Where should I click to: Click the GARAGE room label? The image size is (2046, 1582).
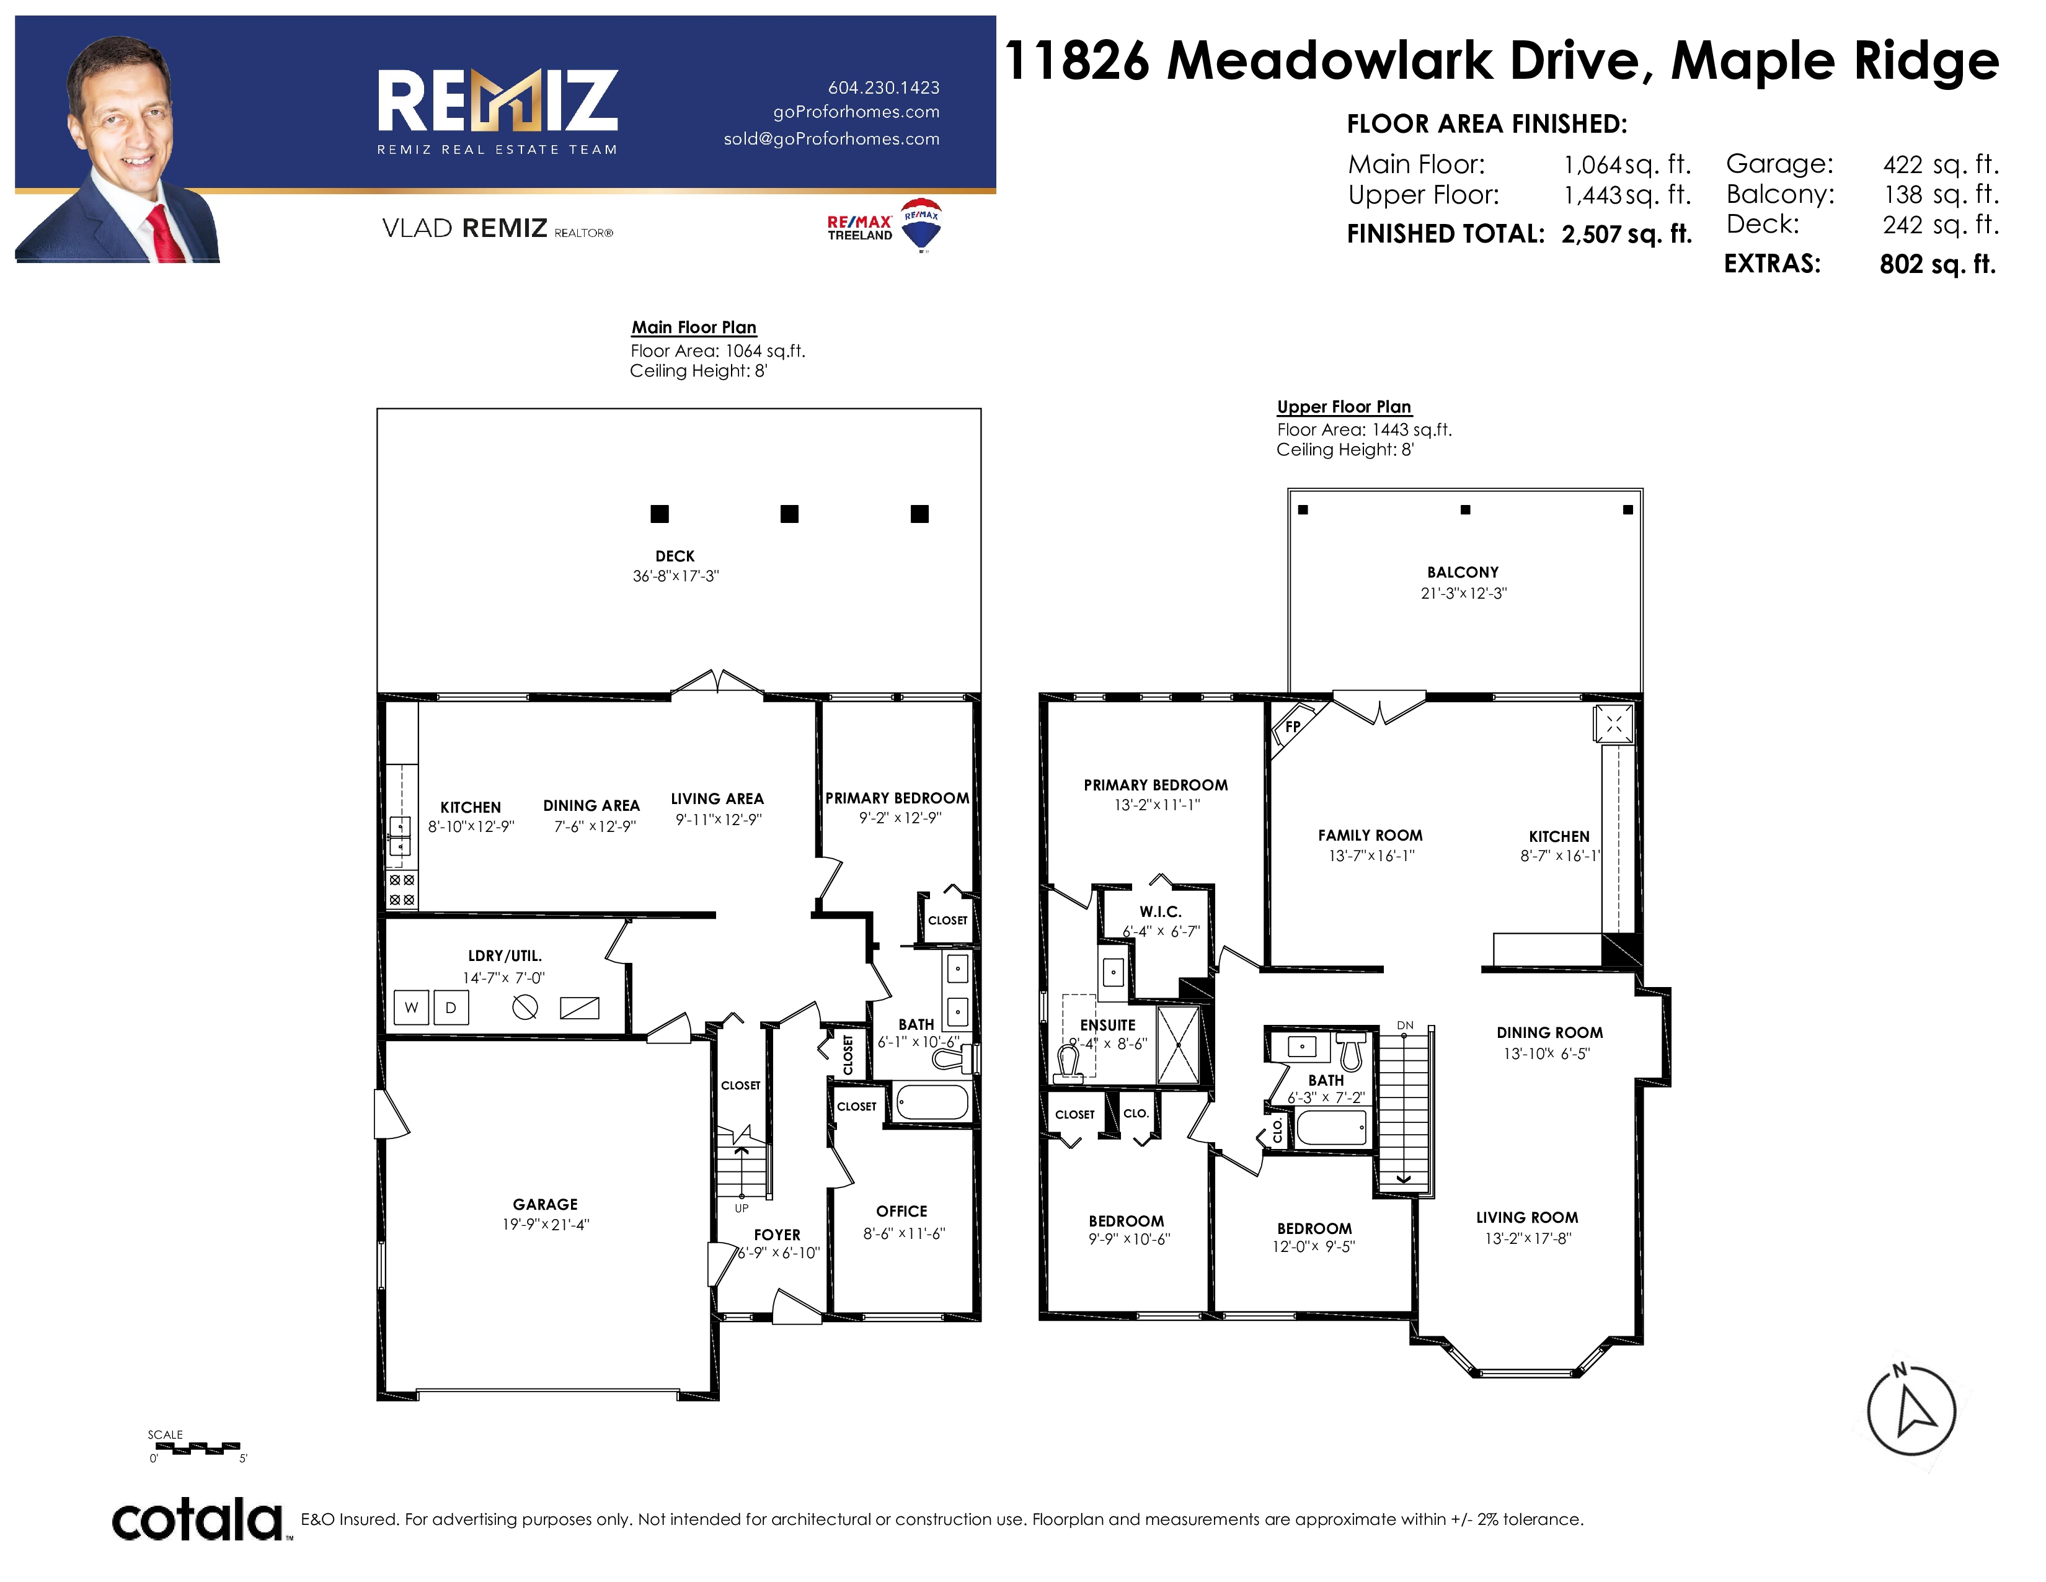pos(545,1204)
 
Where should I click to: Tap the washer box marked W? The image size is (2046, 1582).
pos(411,1008)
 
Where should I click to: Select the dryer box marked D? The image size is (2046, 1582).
pos(451,1008)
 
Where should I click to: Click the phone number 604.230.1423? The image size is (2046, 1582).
pos(883,87)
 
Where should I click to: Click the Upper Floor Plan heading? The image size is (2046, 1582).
pos(1344,407)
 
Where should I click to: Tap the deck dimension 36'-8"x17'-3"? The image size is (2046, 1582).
pos(675,576)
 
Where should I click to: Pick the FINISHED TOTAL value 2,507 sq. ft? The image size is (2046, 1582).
pos(1626,235)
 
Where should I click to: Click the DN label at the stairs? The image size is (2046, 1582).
pos(1405,1026)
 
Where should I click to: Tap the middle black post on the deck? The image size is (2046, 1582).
pos(790,514)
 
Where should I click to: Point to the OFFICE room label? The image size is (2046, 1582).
pos(901,1211)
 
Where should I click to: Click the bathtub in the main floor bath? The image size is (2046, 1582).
pos(932,1101)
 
